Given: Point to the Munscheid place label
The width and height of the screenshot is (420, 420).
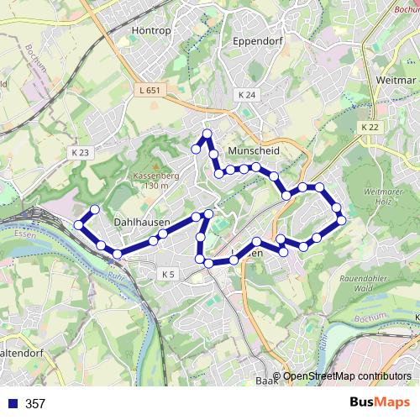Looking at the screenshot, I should [x=252, y=150].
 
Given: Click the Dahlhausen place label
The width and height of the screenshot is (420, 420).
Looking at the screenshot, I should [x=141, y=223].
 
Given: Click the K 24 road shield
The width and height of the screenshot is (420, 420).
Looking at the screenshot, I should [x=246, y=95].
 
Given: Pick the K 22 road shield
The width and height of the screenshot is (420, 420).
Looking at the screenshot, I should [x=370, y=127].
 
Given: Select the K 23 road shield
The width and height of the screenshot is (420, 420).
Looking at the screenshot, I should [x=80, y=152].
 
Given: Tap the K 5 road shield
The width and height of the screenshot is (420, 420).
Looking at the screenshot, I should [x=167, y=275].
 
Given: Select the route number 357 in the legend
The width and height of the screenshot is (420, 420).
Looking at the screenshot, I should [x=35, y=404].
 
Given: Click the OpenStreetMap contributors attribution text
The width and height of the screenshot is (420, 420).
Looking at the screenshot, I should [x=347, y=377].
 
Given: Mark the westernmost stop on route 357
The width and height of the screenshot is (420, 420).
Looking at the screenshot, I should [x=79, y=224].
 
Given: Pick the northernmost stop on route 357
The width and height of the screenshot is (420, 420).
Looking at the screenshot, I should [x=207, y=134].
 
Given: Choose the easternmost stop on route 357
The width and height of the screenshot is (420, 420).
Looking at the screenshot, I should [x=341, y=220].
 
